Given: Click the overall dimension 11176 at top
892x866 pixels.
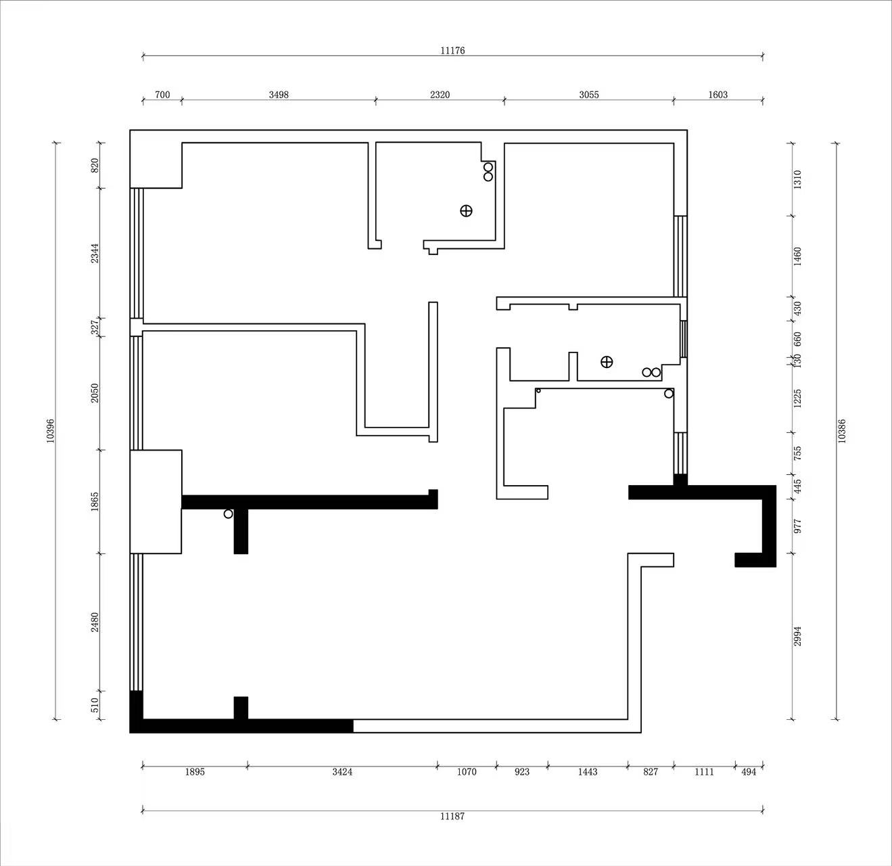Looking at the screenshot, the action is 452,51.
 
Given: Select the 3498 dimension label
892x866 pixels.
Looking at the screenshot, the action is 279,95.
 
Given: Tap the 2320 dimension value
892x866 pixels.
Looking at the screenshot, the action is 440,95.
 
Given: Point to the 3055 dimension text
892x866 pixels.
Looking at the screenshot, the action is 589,95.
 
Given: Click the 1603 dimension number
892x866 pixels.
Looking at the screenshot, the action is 718,95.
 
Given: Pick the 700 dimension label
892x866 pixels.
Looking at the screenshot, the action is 162,95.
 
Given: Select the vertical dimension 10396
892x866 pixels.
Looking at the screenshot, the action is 51,431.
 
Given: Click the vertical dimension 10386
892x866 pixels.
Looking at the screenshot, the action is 841,431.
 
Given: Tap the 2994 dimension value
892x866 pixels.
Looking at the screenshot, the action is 797,636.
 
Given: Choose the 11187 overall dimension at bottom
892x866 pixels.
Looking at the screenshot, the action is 452,816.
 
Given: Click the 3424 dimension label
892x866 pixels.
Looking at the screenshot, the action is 342,772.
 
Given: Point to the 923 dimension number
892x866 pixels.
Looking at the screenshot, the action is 522,772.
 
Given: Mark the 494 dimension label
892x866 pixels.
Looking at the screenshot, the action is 749,772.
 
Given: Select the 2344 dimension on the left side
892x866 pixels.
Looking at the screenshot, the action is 95,253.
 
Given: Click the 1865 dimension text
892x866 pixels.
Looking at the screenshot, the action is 95,502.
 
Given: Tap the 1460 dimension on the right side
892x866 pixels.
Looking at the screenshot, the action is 797,256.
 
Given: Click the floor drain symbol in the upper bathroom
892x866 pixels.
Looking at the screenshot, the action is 466,211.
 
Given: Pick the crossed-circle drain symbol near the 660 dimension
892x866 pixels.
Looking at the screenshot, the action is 607,363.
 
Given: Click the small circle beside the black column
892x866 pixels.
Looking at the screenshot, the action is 229,514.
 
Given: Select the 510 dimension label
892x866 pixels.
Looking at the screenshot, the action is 95,705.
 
